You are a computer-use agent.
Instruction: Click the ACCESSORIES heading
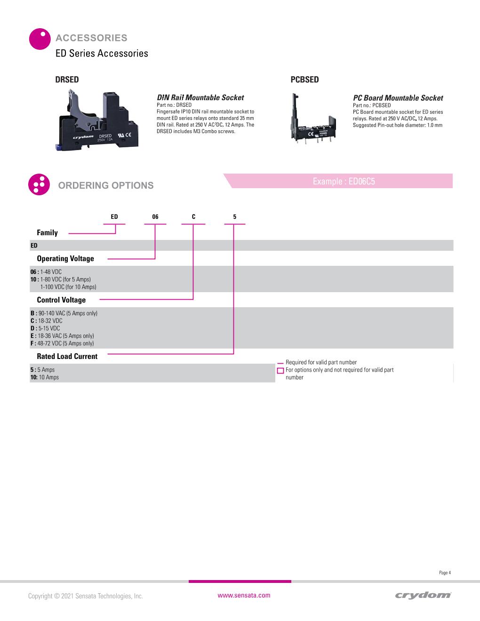click(x=91, y=38)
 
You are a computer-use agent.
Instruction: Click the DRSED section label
click(x=67, y=80)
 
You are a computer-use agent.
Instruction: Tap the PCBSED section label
click(x=304, y=80)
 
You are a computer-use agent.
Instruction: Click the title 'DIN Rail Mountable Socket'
click(x=200, y=97)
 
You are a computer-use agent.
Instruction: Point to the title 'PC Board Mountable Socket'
click(x=398, y=98)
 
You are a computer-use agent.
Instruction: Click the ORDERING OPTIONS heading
click(x=106, y=185)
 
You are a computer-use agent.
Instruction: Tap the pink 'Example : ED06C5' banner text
click(x=344, y=182)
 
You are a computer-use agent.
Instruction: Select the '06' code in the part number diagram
click(x=155, y=217)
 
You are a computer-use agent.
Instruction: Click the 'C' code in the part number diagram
click(x=193, y=217)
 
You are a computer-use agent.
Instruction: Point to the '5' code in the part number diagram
click(x=235, y=217)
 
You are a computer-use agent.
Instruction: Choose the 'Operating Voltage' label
click(x=65, y=258)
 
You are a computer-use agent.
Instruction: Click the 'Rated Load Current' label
click(x=67, y=356)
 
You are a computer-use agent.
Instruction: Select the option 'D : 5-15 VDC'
click(x=45, y=328)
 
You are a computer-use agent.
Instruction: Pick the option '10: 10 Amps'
click(x=45, y=377)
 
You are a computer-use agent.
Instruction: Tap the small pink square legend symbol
click(x=280, y=370)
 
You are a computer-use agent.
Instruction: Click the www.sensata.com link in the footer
click(x=244, y=596)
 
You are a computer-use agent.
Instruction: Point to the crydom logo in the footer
click(x=423, y=596)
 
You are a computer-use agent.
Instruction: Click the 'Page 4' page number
click(x=445, y=573)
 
